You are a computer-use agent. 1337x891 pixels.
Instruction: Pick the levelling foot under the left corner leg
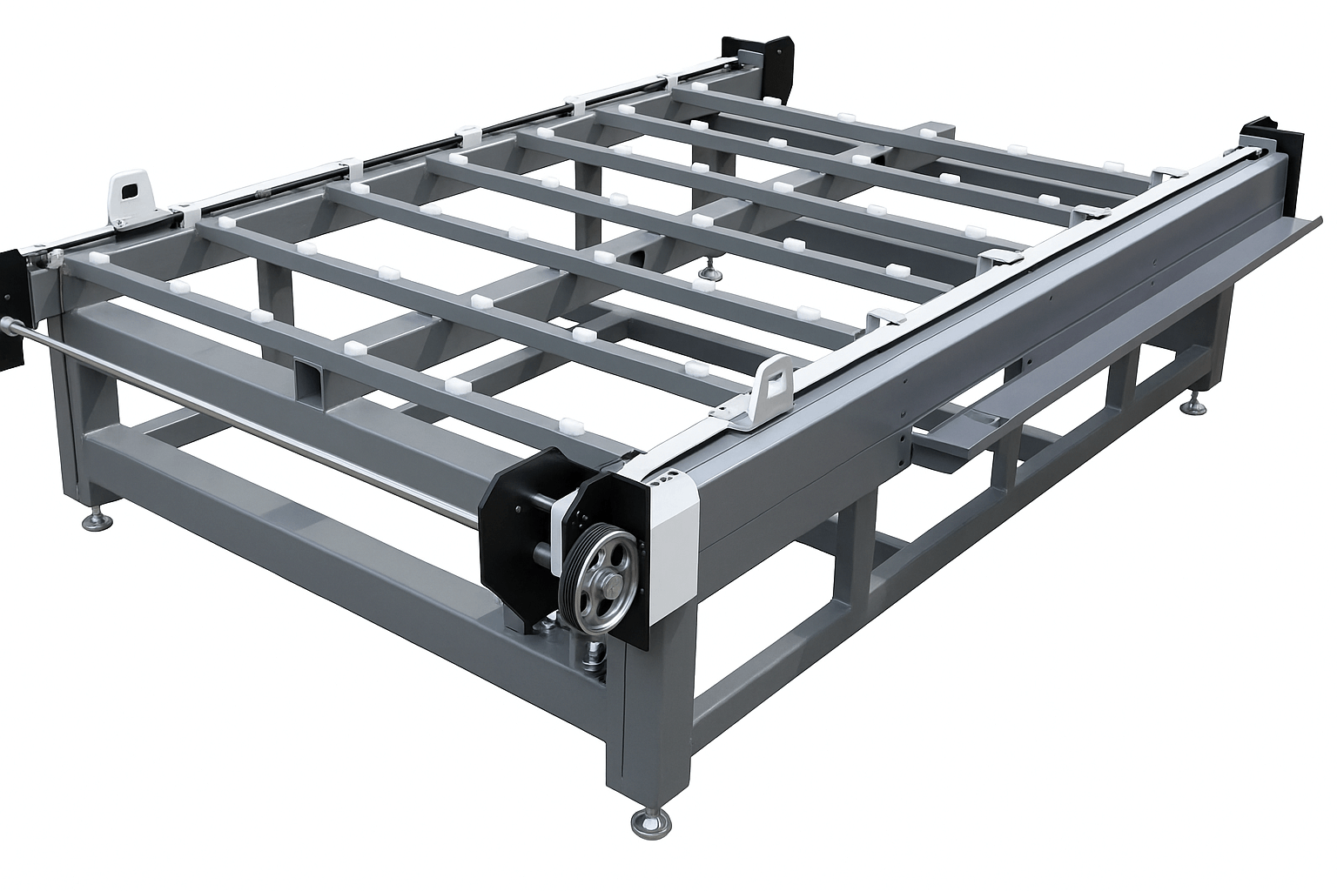click(96, 519)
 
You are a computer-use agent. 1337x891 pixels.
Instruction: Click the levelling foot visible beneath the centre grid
click(712, 272)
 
